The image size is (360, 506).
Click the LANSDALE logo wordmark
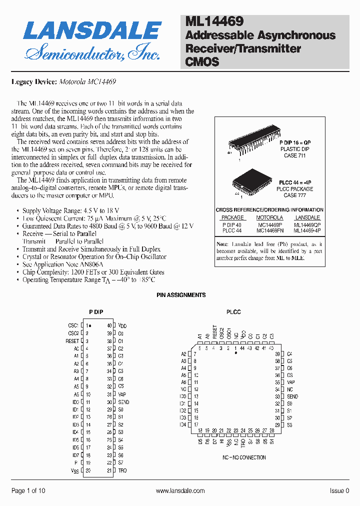(92, 31)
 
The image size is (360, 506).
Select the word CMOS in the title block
(202, 62)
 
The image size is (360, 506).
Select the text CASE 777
(294, 195)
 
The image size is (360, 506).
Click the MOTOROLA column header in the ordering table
(269, 217)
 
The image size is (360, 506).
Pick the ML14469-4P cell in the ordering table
(307, 230)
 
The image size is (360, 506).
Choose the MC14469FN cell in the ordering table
(269, 230)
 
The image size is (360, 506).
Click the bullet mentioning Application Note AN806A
(62, 264)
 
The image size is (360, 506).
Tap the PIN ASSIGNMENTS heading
(181, 295)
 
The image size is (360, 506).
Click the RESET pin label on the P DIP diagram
(72, 341)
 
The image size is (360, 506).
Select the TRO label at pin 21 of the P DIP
(122, 470)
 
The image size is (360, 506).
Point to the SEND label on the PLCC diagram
(292, 396)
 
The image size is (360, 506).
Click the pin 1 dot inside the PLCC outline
(236, 353)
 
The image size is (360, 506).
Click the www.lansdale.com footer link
(180, 491)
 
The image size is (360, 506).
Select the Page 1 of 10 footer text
(28, 491)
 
